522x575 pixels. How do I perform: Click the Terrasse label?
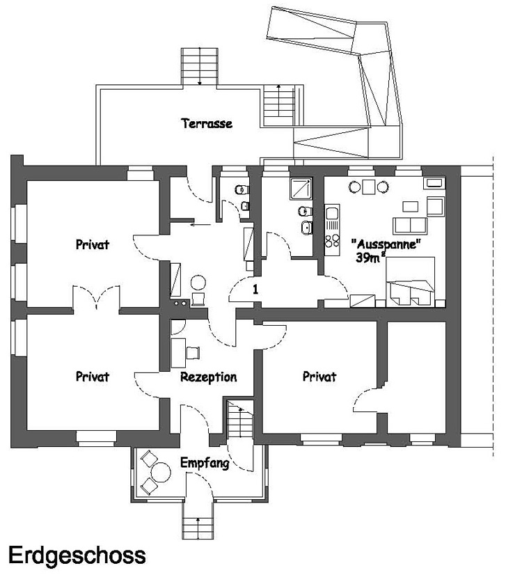[x=207, y=124]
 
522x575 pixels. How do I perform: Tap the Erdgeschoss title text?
[x=77, y=555]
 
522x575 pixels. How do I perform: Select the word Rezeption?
[x=208, y=377]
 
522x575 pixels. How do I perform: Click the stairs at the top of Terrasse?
[x=200, y=67]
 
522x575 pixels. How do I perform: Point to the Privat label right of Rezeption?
[x=319, y=377]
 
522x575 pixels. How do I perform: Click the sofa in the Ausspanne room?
[x=411, y=224]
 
